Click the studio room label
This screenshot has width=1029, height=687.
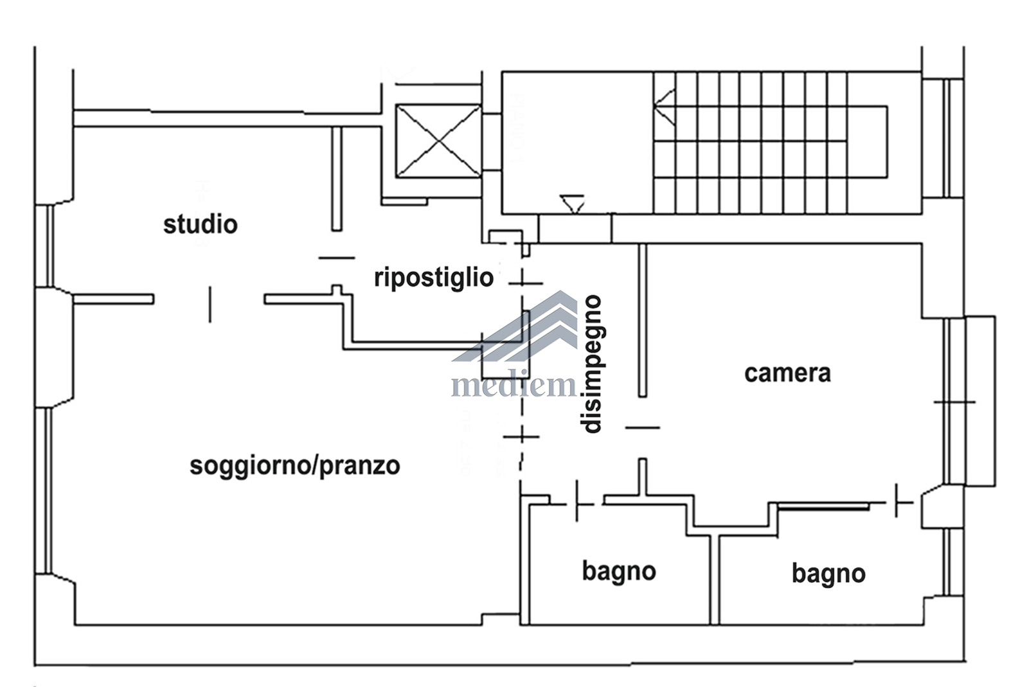click(x=201, y=224)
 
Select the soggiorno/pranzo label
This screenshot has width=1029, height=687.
click(x=295, y=467)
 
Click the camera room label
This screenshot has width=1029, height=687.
click(x=787, y=373)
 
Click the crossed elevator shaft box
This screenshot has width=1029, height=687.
click(x=438, y=141)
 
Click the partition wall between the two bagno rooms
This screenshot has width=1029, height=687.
click(x=714, y=580)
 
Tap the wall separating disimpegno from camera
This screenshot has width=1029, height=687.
click(x=643, y=320)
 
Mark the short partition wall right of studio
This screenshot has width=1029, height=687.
click(x=337, y=178)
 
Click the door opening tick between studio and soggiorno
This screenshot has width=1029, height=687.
click(x=210, y=305)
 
